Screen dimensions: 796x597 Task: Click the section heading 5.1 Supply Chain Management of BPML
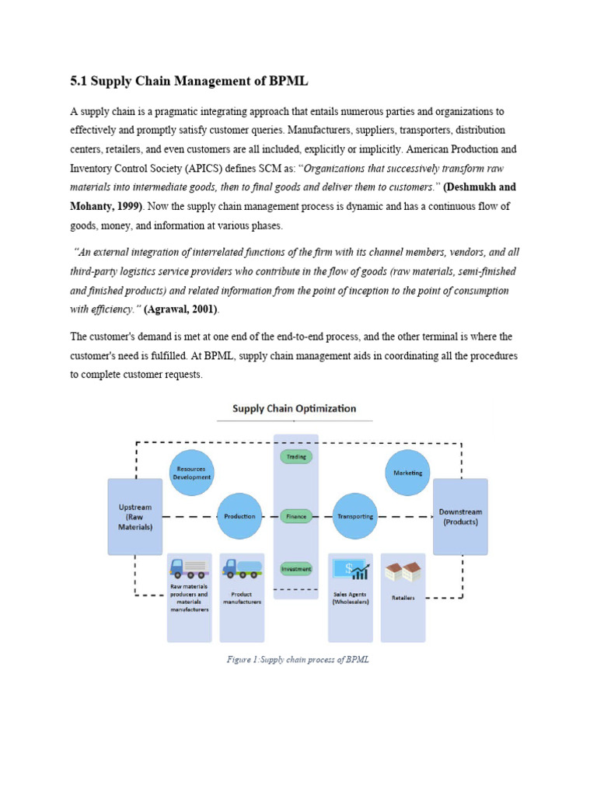(191, 82)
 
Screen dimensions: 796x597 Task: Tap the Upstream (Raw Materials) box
(134, 516)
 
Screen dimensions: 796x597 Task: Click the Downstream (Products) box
(460, 516)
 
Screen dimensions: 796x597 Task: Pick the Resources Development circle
(191, 473)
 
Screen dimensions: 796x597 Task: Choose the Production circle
(239, 516)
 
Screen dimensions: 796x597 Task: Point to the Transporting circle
(355, 516)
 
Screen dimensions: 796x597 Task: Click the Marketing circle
(407, 473)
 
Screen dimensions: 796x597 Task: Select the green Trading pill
(295, 456)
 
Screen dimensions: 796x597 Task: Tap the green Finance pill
(295, 516)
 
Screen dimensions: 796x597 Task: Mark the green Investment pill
(295, 568)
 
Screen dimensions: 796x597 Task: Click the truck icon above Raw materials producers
(189, 569)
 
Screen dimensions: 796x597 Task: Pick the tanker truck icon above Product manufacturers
(242, 569)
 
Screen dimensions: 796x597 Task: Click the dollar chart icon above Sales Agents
(350, 570)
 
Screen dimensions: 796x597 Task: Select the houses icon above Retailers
(403, 572)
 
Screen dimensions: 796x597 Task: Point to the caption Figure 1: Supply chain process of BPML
(298, 660)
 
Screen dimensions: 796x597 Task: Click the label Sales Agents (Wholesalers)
(350, 598)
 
